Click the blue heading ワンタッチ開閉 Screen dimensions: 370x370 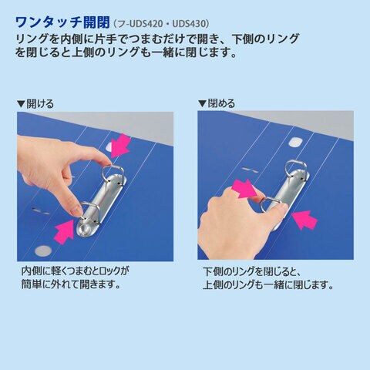click(x=63, y=22)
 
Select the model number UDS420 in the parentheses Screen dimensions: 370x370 click(x=146, y=24)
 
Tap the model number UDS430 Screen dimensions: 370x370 click(x=189, y=24)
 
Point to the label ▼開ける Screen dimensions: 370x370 click(x=35, y=104)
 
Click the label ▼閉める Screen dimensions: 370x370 click(x=217, y=103)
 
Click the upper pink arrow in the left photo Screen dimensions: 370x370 click(x=119, y=146)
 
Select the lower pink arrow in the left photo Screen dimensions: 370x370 click(x=64, y=231)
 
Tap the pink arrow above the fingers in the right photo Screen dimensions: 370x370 click(x=244, y=189)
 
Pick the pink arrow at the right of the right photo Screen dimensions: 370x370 click(x=305, y=220)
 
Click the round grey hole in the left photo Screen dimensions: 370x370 click(x=43, y=251)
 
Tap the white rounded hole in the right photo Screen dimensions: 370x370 click(x=296, y=142)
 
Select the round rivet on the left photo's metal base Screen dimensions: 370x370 click(x=85, y=228)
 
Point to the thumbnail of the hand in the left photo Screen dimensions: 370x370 click(x=77, y=212)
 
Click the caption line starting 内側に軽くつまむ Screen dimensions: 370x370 click(x=75, y=271)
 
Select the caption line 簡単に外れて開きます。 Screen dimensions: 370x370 click(x=71, y=284)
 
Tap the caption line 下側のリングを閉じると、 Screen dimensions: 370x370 click(x=251, y=271)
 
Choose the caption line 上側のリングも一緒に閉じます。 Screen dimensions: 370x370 click(x=268, y=285)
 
